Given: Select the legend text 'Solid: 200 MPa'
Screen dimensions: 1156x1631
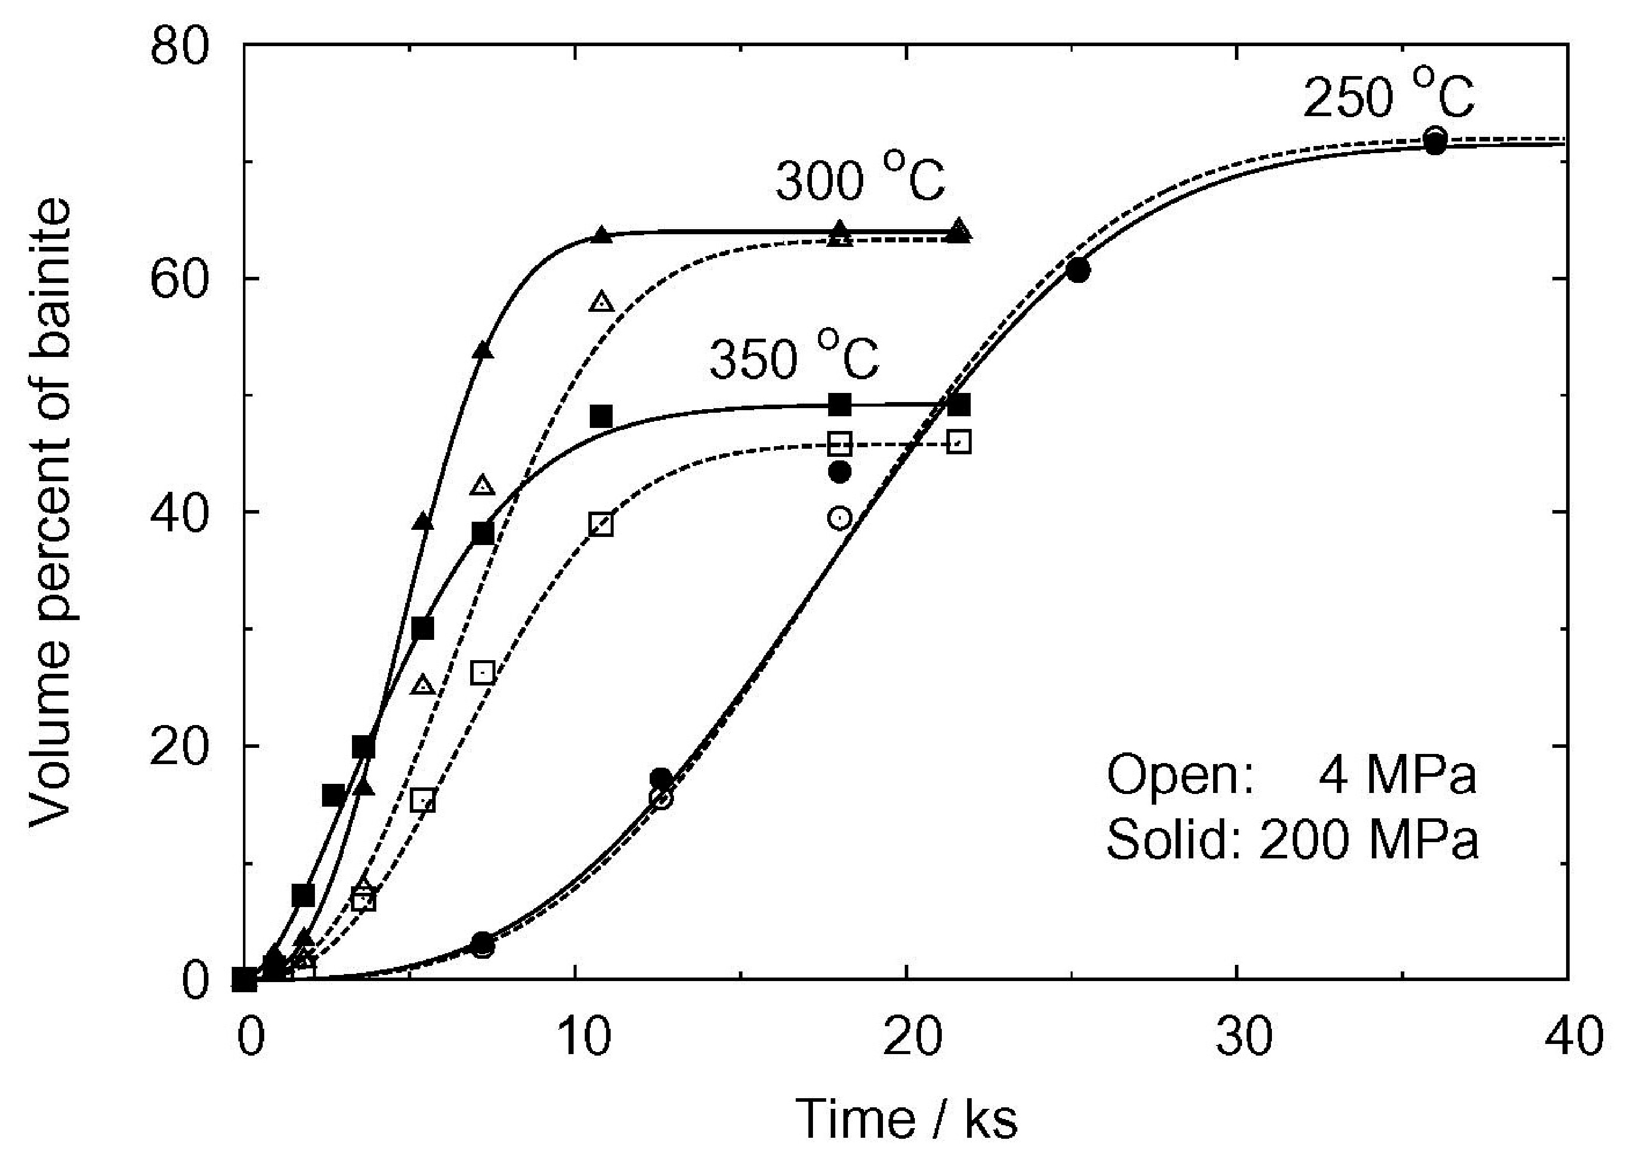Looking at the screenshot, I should (x=1291, y=840).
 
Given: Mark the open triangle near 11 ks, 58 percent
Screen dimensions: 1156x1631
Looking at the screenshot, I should (x=601, y=302).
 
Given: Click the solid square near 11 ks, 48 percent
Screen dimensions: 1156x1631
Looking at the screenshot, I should (x=601, y=416).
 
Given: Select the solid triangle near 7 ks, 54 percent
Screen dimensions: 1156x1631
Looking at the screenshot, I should (x=483, y=350).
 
